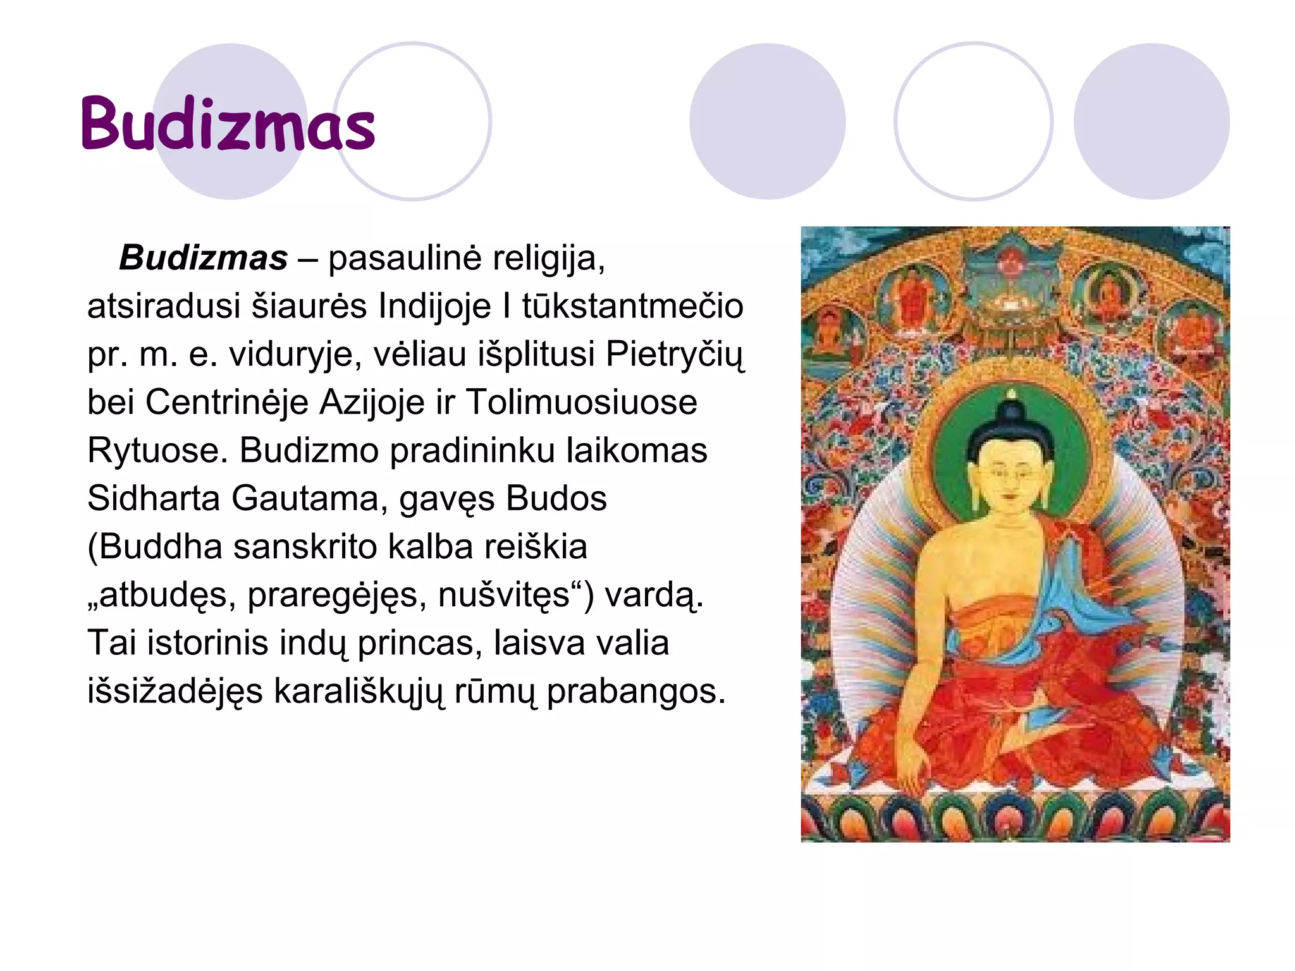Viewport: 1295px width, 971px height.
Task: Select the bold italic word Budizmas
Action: [x=203, y=258]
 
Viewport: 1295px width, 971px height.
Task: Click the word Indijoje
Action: [x=434, y=307]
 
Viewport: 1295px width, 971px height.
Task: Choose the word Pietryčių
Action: [x=675, y=355]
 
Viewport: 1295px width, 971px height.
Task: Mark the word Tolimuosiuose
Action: [x=581, y=403]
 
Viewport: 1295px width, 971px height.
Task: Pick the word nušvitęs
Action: [x=503, y=595]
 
